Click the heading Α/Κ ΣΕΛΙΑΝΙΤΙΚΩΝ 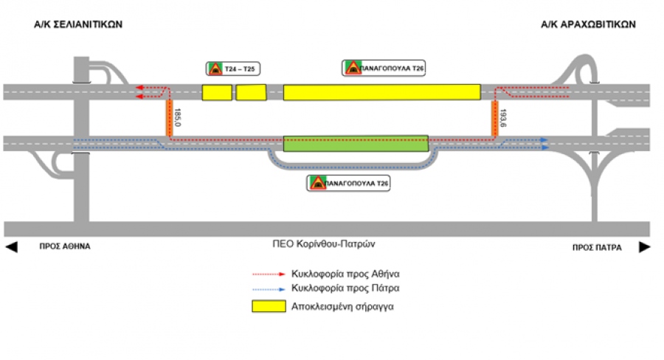pos(77,24)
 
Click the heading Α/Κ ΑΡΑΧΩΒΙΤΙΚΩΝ pos(588,24)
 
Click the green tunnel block pos(356,143)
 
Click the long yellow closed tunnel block pos(381,92)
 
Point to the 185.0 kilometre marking pos(178,116)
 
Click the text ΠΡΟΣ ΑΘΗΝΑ pos(65,247)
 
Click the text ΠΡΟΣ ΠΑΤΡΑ pos(595,247)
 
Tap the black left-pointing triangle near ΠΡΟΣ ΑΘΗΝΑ pos(11,247)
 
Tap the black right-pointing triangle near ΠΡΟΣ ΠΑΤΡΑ pos(645,247)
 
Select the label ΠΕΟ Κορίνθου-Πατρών pos(328,243)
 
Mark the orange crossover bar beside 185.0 pos(169,118)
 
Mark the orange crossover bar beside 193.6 pos(496,118)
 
